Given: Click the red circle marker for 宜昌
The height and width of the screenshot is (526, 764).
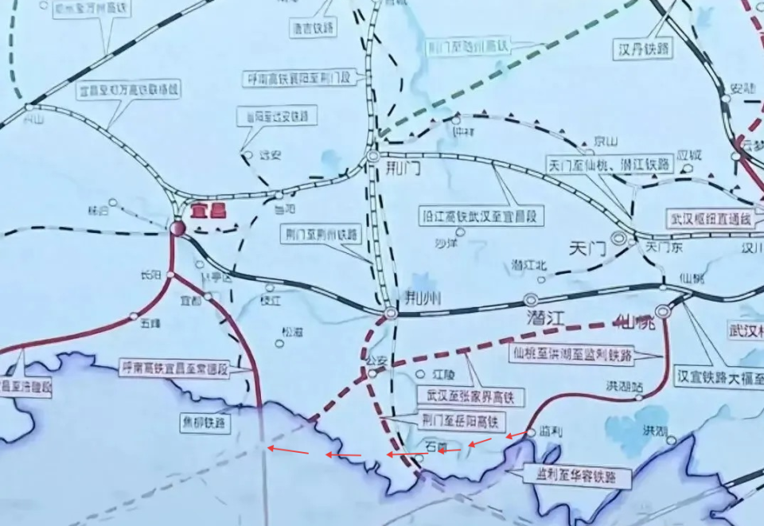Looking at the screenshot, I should [177, 229].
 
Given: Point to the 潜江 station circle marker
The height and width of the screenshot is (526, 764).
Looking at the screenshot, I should [531, 300].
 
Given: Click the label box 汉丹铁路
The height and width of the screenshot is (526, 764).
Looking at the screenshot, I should [643, 49].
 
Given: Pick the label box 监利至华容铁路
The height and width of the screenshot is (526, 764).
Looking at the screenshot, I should [577, 477].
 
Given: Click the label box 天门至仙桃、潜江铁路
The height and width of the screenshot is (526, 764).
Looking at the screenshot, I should [610, 165].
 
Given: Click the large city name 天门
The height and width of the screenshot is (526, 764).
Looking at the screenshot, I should [587, 248].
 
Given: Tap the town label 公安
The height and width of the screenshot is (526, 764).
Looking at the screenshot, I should [376, 360].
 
